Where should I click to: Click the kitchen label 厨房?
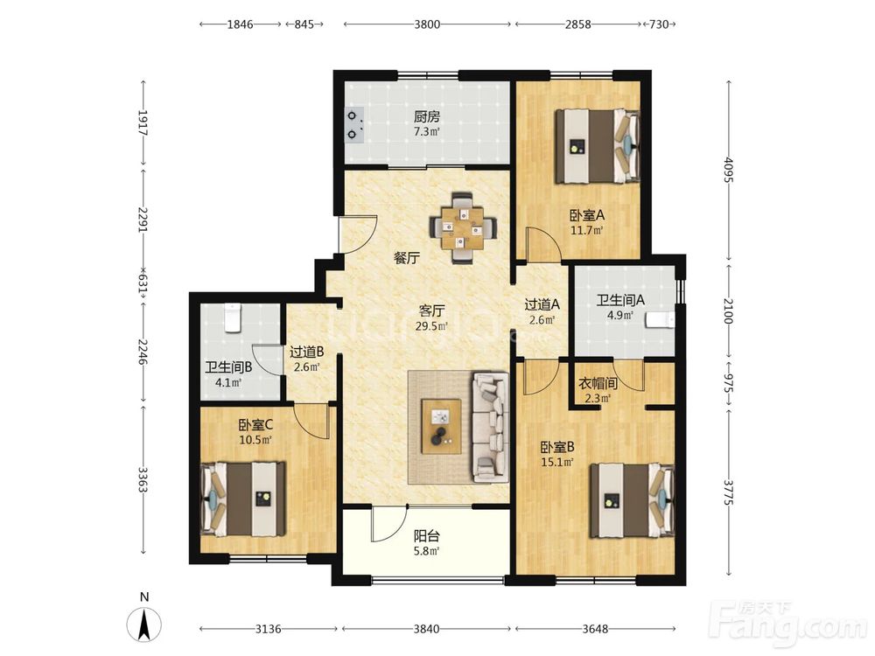click(x=426, y=116)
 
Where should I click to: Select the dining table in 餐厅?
click(x=463, y=227)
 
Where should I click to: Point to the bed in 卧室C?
click(x=243, y=499)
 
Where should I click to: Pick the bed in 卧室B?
click(x=633, y=500)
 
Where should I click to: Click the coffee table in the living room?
click(x=441, y=426)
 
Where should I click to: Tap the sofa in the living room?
click(x=491, y=428)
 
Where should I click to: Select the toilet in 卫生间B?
click(x=232, y=318)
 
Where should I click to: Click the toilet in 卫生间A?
click(x=661, y=319)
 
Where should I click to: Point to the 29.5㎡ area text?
click(x=431, y=326)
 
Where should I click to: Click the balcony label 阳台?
click(x=426, y=536)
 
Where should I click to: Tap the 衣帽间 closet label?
click(x=597, y=383)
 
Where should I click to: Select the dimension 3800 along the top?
click(x=427, y=24)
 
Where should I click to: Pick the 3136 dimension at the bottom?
click(x=268, y=629)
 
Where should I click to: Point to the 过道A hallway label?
click(x=542, y=304)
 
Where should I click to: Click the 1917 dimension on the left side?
click(x=143, y=123)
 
